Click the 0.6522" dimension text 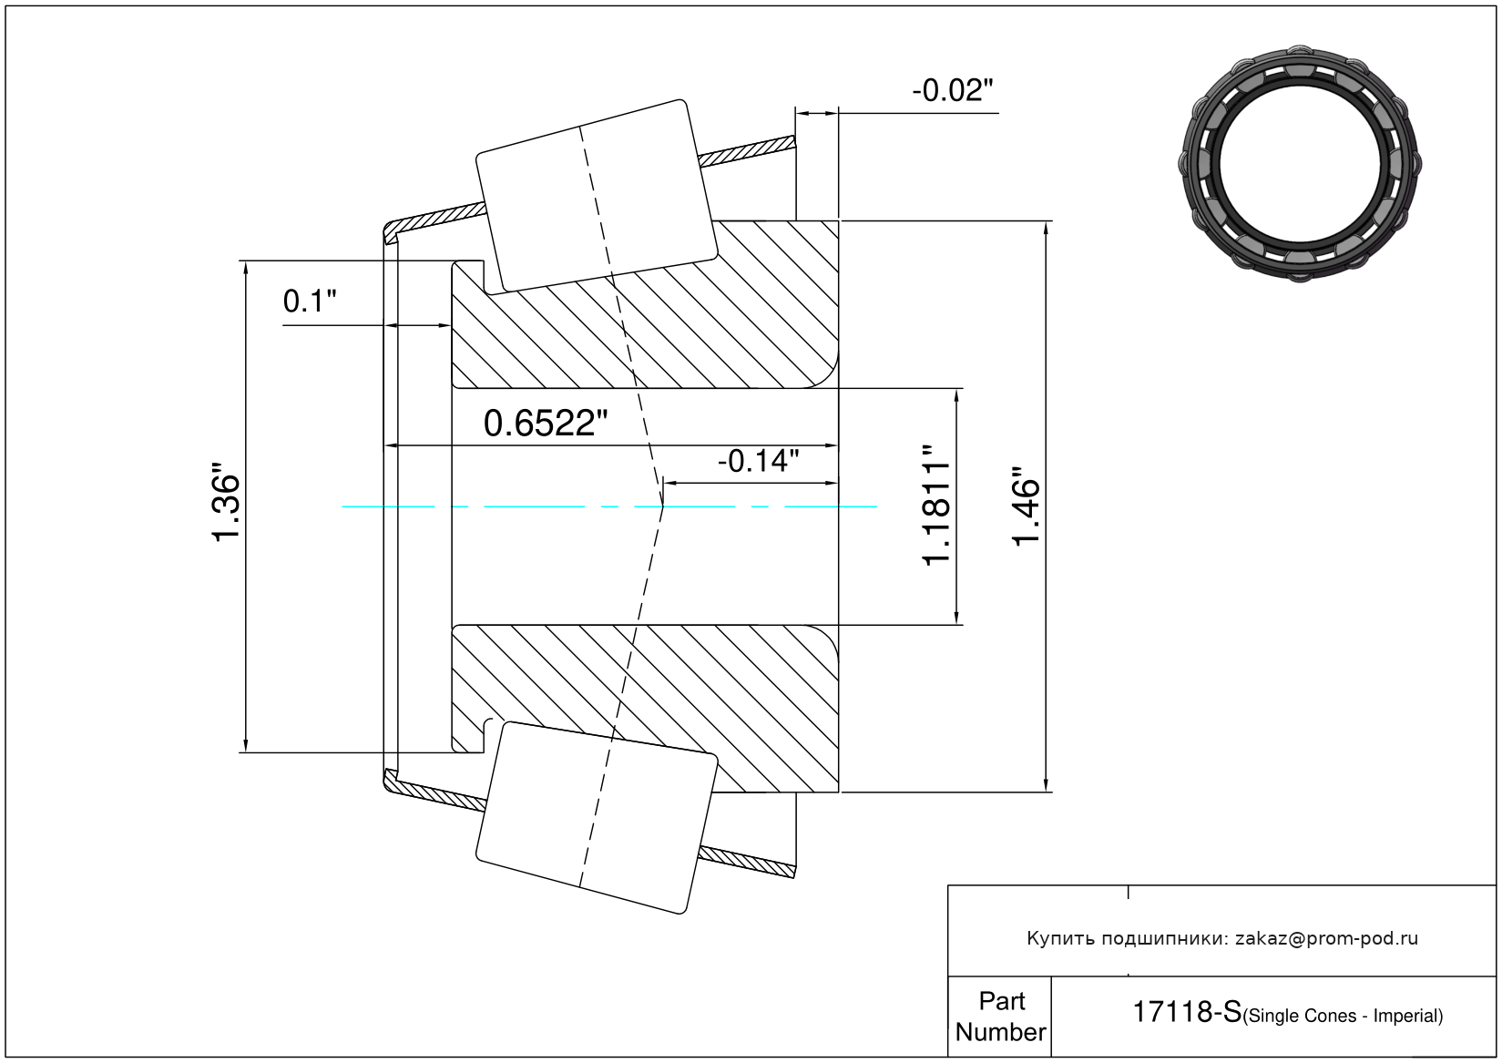545,424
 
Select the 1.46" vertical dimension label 1026,506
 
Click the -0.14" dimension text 759,462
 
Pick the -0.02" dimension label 952,90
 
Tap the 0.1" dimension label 309,302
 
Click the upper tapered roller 597,196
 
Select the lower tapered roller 597,818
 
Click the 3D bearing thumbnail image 1300,164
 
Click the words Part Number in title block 1001,1016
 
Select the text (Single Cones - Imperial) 1343,1016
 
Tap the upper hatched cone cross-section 645,304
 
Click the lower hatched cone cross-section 645,709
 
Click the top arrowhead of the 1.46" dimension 1046,228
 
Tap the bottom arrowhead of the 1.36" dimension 246,745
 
